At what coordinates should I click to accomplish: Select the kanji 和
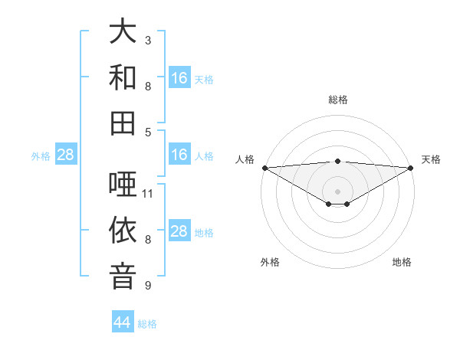coord(123,77)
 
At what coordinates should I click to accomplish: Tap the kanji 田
coord(123,123)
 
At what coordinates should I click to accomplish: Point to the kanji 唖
coord(123,185)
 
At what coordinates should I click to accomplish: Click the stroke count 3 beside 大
coord(148,40)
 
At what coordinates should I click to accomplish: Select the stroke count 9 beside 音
coord(148,286)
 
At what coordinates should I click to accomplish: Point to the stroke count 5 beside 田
coord(148,132)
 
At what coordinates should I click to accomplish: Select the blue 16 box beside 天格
coord(179,78)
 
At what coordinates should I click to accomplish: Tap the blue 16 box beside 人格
coord(179,155)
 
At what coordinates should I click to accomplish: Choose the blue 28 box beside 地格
coord(179,231)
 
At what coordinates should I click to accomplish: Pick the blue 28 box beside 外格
coord(66,155)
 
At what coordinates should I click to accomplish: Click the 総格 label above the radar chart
coord(337,100)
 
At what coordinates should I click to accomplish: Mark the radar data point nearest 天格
coord(410,167)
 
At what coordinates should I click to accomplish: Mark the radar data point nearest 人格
coord(264,167)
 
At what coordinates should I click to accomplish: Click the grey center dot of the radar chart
coord(337,191)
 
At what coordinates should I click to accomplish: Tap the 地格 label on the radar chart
coord(402,263)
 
